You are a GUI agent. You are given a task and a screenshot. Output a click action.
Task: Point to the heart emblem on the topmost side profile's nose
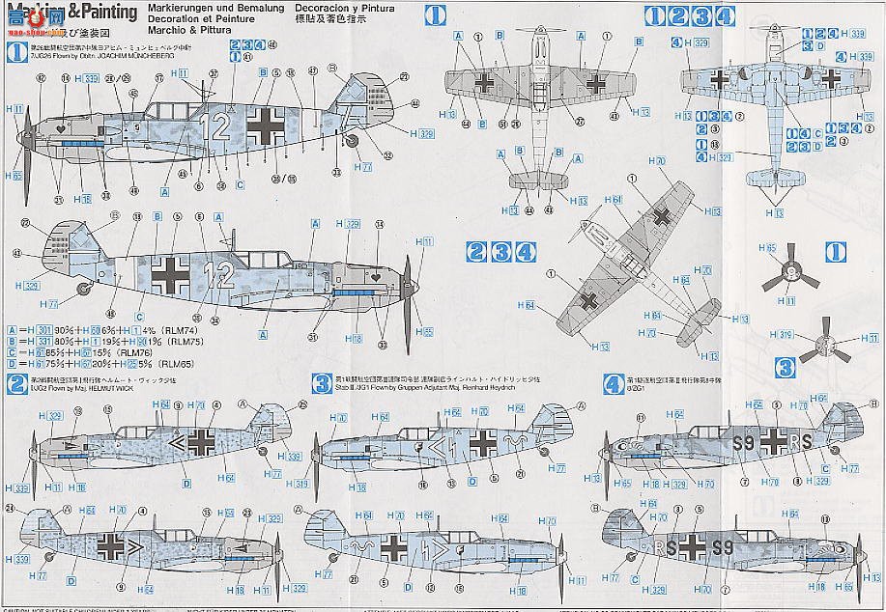63,125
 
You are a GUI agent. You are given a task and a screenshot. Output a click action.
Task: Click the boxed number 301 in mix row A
42,330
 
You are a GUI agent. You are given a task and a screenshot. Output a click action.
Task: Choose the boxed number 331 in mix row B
42,341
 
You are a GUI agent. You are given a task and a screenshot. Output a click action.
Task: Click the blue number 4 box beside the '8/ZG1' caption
612,382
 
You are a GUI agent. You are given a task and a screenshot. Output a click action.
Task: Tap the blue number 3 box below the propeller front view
785,366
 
